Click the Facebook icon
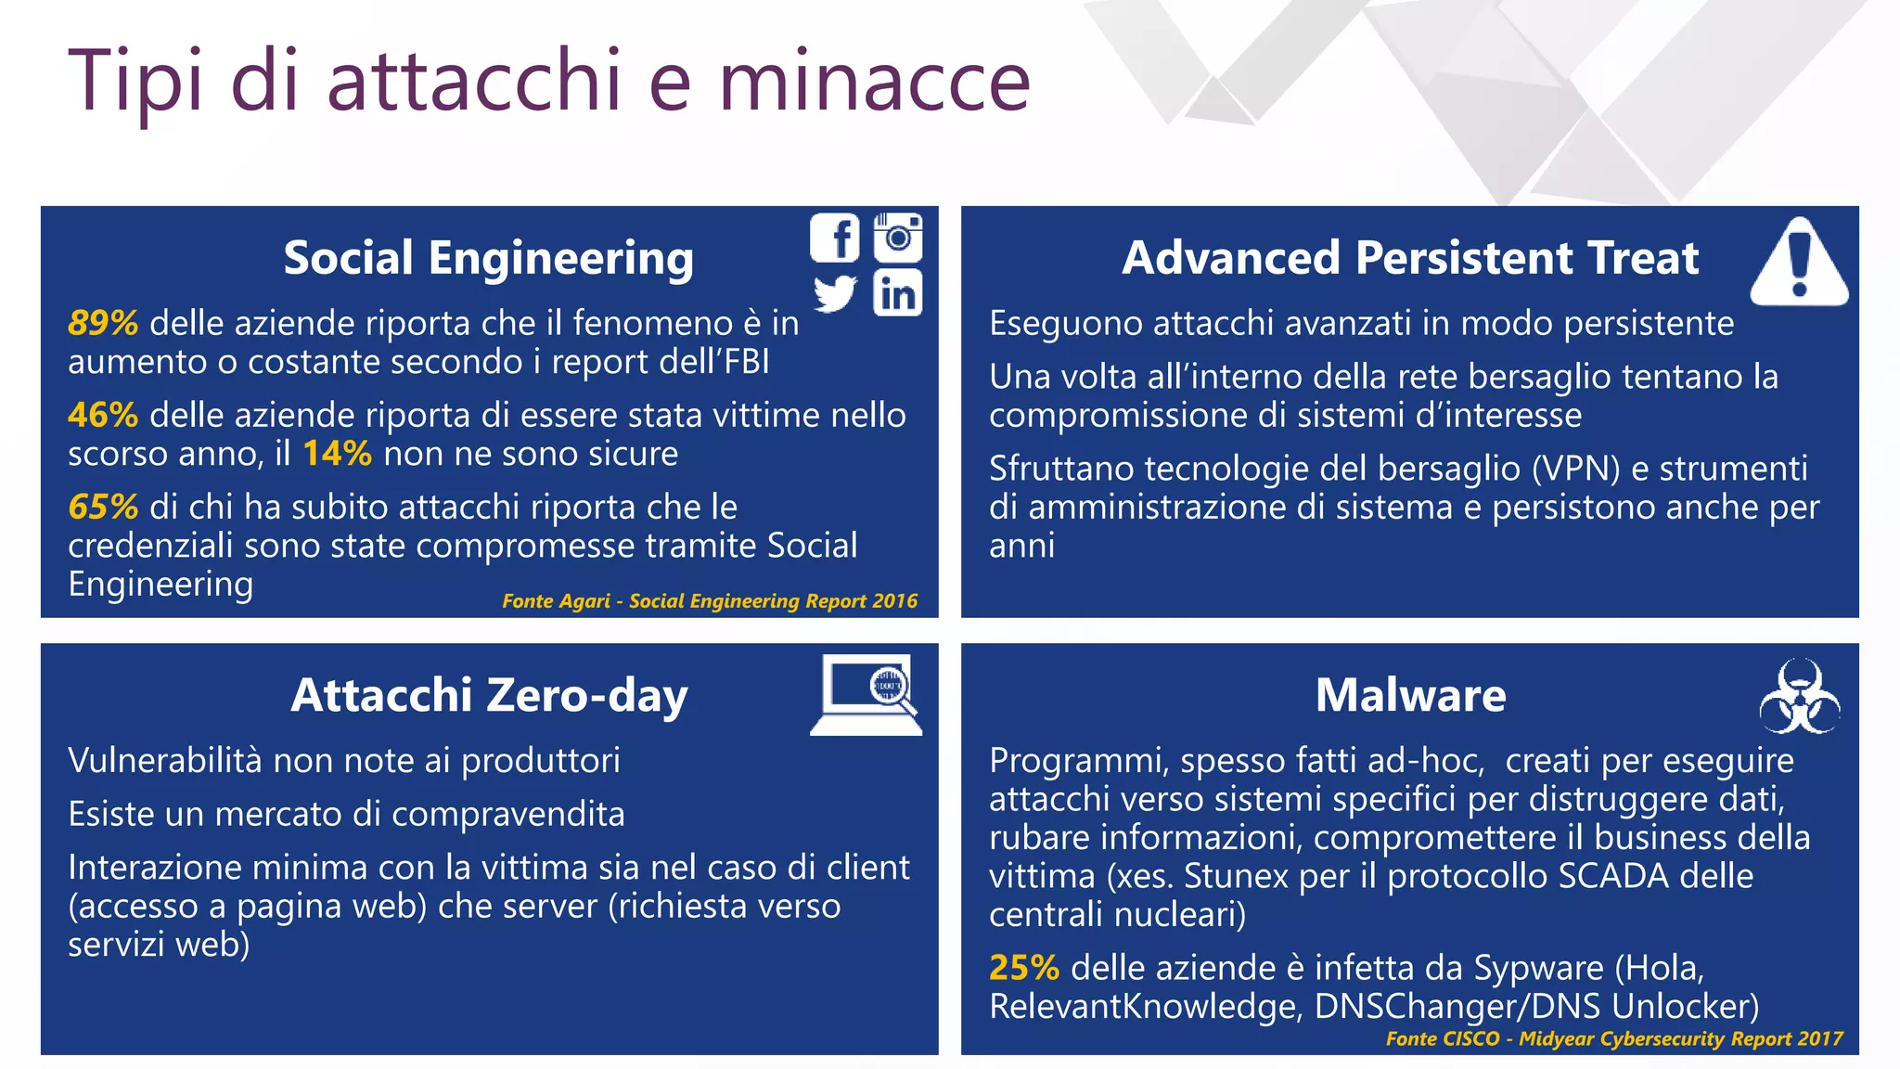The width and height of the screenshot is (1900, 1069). click(x=835, y=238)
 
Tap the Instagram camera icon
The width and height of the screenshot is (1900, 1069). click(x=898, y=238)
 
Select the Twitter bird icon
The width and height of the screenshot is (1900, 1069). click(x=835, y=293)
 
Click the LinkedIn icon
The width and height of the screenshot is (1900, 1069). click(x=898, y=293)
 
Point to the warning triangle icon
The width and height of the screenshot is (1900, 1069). click(x=1799, y=264)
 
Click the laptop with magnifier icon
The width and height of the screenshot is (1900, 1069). click(x=867, y=695)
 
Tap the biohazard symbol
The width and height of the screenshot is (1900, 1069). click(x=1799, y=697)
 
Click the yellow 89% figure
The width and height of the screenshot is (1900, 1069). click(x=103, y=323)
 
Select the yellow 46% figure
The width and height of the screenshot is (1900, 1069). click(x=103, y=415)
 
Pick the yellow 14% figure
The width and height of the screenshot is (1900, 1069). click(x=337, y=454)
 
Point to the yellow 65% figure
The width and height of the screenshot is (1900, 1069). click(x=103, y=507)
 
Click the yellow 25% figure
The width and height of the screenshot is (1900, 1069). click(x=1024, y=968)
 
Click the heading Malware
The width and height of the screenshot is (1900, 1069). click(x=1410, y=695)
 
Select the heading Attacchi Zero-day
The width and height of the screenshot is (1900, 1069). click(x=489, y=695)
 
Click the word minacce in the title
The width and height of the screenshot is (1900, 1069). click(x=874, y=81)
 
